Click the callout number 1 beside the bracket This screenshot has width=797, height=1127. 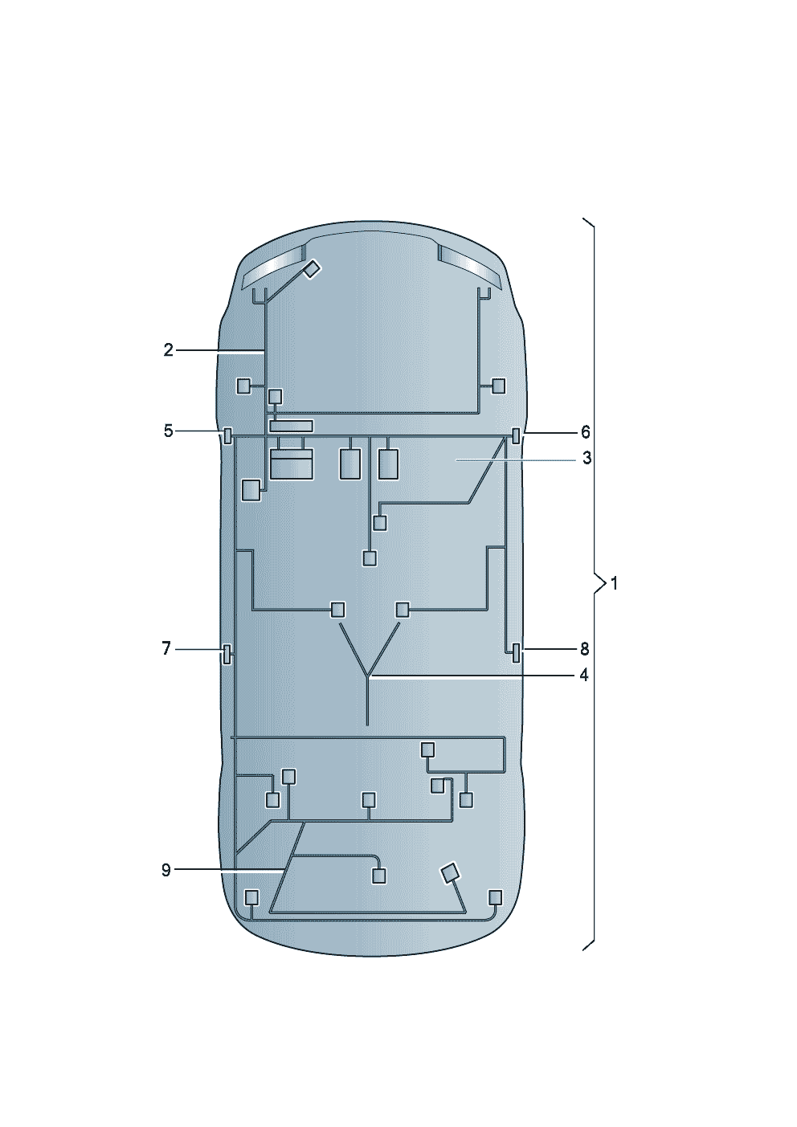(x=614, y=584)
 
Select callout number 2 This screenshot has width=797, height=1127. (x=168, y=349)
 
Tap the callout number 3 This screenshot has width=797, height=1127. (x=587, y=459)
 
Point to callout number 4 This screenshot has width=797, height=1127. (x=583, y=676)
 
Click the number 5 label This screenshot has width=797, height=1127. (x=168, y=431)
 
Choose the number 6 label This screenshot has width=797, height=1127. (x=585, y=432)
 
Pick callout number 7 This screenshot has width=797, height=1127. (x=166, y=648)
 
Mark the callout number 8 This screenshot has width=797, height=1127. (x=584, y=650)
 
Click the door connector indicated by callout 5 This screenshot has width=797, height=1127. (x=227, y=435)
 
